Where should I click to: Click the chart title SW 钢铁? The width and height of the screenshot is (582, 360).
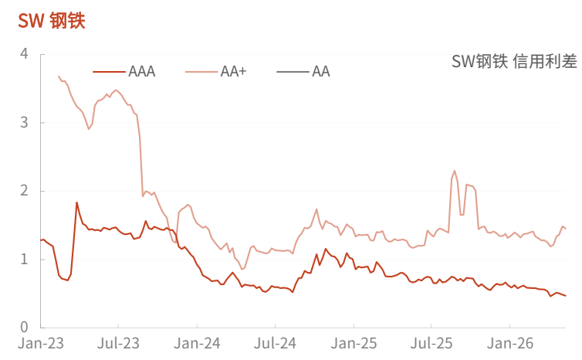coord(52,20)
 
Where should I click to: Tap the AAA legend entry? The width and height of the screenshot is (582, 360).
coord(124,71)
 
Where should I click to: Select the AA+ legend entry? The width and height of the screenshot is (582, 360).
coord(215,71)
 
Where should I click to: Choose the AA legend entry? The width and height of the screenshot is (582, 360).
coord(303,71)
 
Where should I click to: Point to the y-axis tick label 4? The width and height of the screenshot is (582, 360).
coord(24,54)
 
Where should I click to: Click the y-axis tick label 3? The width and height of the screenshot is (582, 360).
coord(24,122)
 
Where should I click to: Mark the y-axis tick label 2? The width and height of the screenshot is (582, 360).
coord(24,191)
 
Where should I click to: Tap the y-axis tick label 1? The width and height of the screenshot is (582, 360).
coord(24,259)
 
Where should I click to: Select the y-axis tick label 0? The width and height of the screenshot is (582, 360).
coord(24,327)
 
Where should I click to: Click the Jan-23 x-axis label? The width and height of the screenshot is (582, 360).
coord(41,343)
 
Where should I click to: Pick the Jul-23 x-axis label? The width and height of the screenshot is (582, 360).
coord(118,343)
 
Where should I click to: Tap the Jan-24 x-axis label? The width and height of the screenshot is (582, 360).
coord(197,343)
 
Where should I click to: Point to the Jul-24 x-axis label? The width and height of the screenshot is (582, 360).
coord(275,343)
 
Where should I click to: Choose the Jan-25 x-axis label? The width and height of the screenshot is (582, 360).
coord(354,343)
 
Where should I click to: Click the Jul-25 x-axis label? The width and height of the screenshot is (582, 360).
coord(431,343)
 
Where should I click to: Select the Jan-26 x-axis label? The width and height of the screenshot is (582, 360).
coord(510,343)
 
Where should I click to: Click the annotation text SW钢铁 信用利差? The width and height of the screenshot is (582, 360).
coord(514,61)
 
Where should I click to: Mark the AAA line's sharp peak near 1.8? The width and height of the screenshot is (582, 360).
coord(77,202)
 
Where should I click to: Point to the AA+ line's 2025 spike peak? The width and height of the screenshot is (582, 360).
coord(455,171)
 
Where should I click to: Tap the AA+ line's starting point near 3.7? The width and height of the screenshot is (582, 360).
coord(59,76)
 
